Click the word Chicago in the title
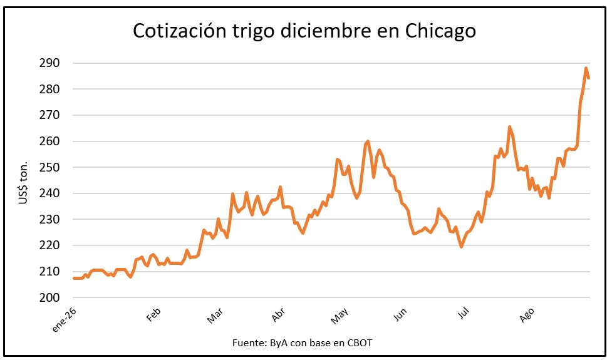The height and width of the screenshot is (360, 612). coord(440,31)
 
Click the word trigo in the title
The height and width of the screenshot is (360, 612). coord(254,31)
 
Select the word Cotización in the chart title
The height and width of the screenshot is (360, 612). coord(179,30)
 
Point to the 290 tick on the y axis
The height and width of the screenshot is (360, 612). coord(49,63)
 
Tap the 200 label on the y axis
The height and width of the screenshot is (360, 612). coord(49,297)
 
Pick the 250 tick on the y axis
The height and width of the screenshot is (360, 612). coord(49,167)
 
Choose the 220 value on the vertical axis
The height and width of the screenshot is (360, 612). coord(49,245)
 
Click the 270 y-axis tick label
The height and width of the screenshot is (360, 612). coord(49,115)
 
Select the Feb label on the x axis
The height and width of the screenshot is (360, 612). coord(153,314)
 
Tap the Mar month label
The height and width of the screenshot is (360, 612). coord(215,315)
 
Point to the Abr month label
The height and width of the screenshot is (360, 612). coord(279,315)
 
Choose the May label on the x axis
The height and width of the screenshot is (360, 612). coord(339,316)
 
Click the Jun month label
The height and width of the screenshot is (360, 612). coord(400,314)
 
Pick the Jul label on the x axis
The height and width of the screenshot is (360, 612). coord(464,313)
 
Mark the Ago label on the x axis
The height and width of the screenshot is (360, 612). coord(527,315)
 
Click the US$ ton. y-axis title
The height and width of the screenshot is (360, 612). coord(23,183)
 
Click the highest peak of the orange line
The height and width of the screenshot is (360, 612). coord(586,68)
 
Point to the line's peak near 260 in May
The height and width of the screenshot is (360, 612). coord(368,141)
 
